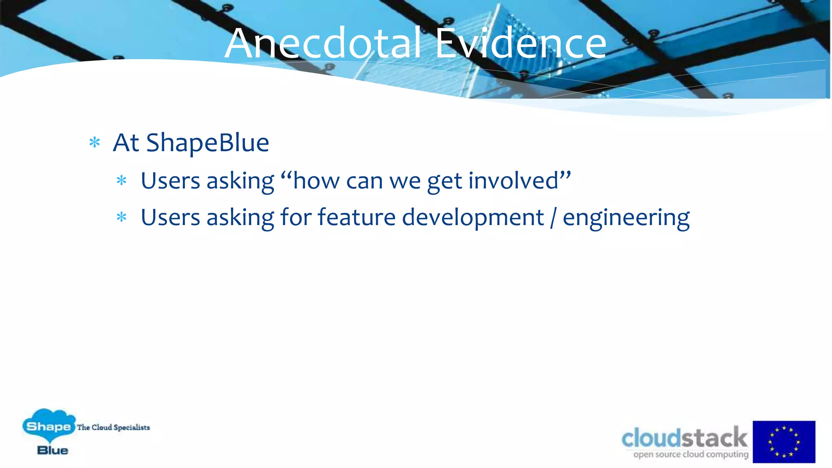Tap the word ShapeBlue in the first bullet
pos(208,143)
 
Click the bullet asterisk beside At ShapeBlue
pos(95,143)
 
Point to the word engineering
pos(626,218)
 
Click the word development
pos(473,218)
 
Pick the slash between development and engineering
pos(553,218)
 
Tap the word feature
pos(356,217)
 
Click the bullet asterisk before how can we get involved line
pos(121,180)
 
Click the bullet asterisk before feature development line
pos(121,217)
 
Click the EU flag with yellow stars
pos(784,442)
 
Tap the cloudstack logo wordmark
pos(685,438)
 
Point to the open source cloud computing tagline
pos(691,454)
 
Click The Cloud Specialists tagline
pos(113,427)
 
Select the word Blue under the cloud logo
pos(52,450)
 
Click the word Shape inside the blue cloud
pos(48,427)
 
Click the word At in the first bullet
pos(126,143)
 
